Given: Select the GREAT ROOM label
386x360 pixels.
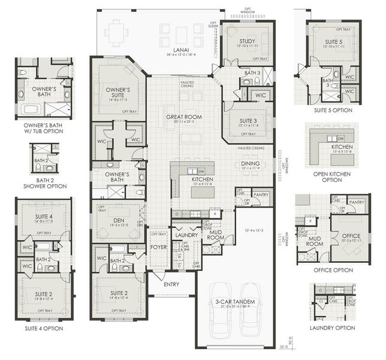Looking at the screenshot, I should tap(183, 117).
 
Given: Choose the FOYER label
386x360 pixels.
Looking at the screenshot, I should tap(158, 247).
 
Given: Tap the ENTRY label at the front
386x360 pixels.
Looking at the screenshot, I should tap(171, 284).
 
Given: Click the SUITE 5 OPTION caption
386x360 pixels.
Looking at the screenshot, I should tap(332, 110).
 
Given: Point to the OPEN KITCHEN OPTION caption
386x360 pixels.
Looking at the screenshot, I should tap(333, 176).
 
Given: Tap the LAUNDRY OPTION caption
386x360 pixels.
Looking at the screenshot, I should tap(332, 328).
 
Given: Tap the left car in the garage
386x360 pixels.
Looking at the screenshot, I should tap(219, 328).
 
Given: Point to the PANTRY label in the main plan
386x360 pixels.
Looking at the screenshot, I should tap(260, 194).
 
